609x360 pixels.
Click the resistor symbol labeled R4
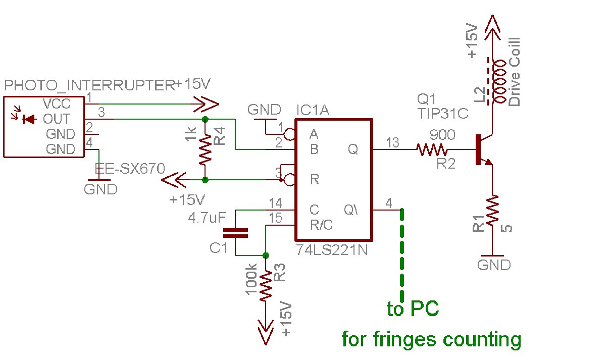pos(205,149)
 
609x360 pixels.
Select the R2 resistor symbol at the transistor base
pos(432,149)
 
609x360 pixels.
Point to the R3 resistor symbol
pos(266,288)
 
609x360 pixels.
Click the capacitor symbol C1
pos(236,233)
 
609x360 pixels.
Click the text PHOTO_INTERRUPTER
pos(89,86)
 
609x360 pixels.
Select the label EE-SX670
pos(130,169)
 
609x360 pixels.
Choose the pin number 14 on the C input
pos(275,203)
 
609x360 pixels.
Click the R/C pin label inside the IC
pos(321,225)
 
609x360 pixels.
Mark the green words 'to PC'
pos(413,309)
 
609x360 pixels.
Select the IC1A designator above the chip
pos(313,110)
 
